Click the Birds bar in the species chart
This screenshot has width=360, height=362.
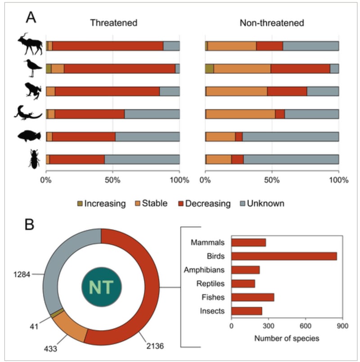(x=284, y=256)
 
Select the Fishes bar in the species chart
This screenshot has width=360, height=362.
(x=252, y=297)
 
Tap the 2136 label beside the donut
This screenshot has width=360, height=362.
(x=155, y=347)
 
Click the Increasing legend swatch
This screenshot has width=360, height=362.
(x=80, y=204)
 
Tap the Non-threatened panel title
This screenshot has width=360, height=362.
(x=272, y=23)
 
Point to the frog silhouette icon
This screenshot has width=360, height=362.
(x=32, y=90)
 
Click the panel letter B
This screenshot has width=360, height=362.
(x=30, y=224)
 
